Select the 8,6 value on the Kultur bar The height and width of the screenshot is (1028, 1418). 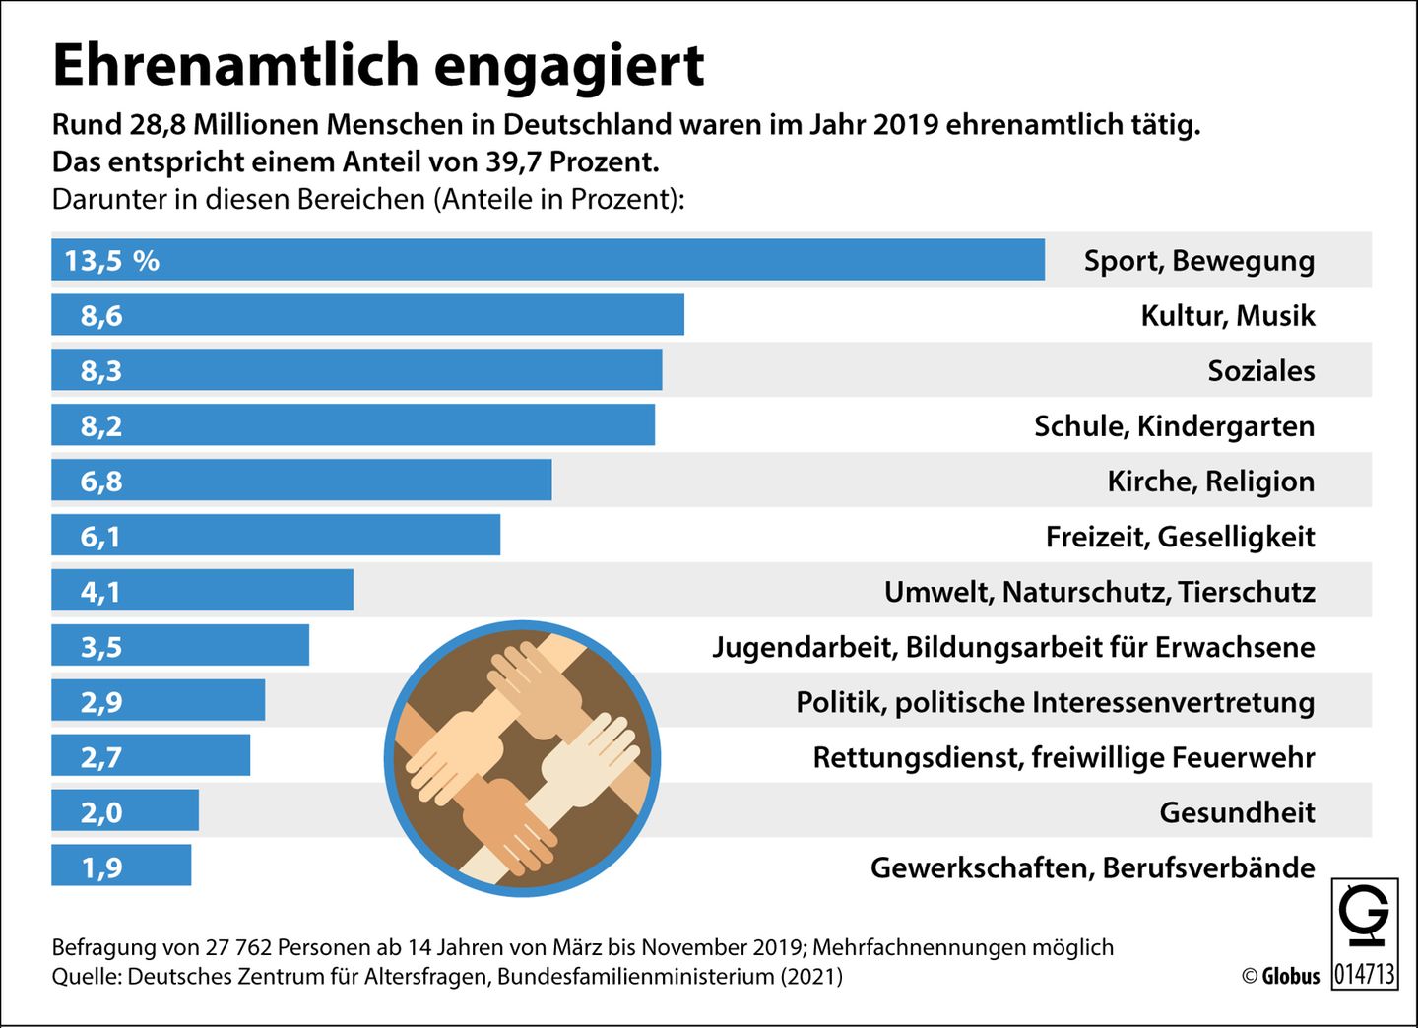coord(101,316)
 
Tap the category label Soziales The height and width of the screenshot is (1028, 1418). coord(1260,371)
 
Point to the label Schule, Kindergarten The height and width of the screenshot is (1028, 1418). coord(1174,426)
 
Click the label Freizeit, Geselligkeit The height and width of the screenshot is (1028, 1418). coord(1180,537)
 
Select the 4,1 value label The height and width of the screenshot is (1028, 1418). coord(100,592)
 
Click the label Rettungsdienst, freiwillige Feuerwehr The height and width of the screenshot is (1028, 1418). coord(1063,757)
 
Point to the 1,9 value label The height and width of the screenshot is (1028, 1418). coord(101,867)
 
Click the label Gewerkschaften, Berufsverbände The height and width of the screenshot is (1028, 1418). coord(1092,867)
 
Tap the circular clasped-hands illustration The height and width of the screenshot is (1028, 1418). coord(522,758)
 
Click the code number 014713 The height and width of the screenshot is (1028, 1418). coord(1365,974)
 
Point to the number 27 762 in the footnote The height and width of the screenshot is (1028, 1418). coord(238,947)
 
